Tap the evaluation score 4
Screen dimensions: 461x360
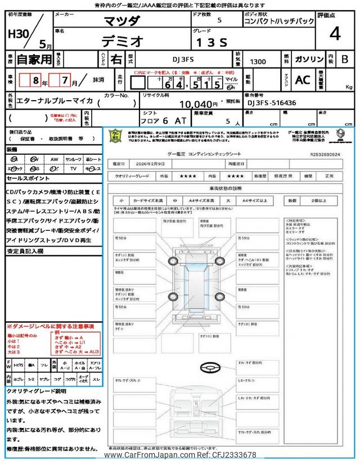click(x=335, y=34)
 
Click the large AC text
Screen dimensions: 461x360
click(x=303, y=80)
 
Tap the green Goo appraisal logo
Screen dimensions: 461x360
click(x=115, y=136)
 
